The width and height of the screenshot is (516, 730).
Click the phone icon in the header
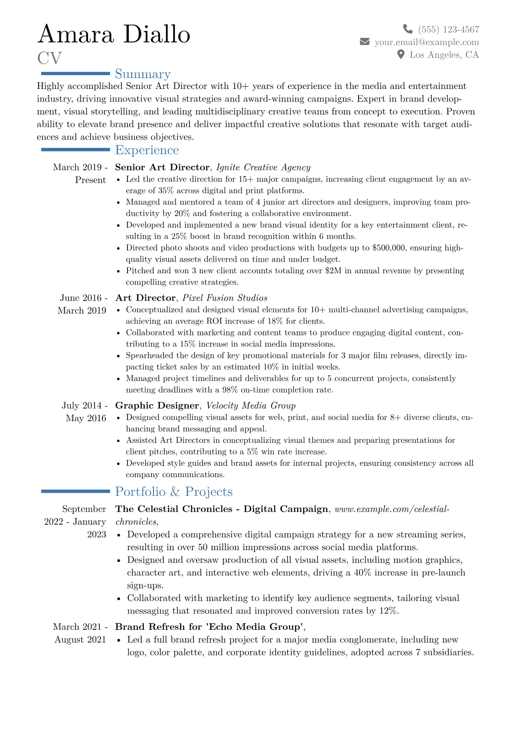coord(408,29)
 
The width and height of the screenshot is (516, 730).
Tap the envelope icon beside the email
coord(365,42)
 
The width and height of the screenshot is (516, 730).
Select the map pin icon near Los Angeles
coord(401,54)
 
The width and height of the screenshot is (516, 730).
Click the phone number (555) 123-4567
coord(448,29)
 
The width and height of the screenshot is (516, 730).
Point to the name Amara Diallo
coord(114,35)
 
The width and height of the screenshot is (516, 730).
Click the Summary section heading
coord(143,74)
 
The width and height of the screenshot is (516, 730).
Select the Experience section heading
coord(147,150)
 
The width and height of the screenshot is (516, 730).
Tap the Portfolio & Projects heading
coord(174,491)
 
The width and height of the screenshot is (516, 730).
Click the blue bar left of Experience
coord(75,150)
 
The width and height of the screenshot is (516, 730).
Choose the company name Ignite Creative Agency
coord(263,167)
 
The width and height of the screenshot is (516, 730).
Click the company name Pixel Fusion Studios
coord(225,298)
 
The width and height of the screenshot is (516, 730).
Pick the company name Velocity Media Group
coord(251,406)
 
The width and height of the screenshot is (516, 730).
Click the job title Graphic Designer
coord(157,406)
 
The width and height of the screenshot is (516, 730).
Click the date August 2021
coord(80,639)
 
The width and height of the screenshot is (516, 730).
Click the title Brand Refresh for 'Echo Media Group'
coord(209,627)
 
